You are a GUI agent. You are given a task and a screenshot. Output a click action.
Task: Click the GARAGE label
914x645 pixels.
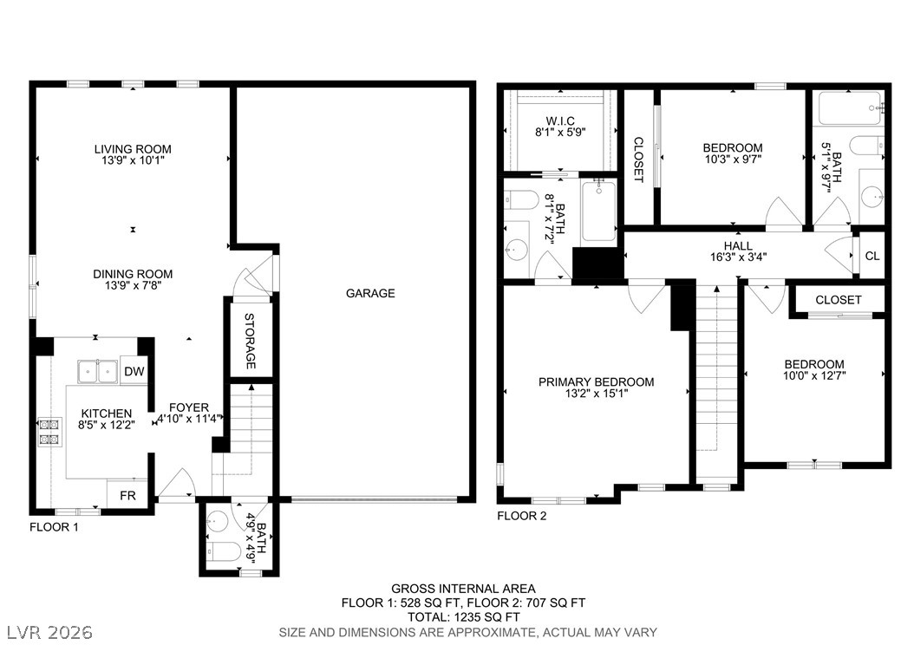point(370,293)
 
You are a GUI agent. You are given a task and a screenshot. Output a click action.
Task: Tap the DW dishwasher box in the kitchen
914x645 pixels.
point(134,371)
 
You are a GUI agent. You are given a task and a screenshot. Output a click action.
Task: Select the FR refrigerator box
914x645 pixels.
point(127,495)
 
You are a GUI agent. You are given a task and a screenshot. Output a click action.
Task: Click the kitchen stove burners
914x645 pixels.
point(49,433)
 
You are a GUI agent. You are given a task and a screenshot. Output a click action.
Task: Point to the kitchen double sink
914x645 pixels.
point(98,371)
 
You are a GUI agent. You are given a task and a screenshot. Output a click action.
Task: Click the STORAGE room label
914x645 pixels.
point(250,341)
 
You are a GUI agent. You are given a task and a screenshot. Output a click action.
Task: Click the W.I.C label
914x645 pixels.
point(560,121)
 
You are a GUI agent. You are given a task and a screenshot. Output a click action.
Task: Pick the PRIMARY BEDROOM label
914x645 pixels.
point(596,382)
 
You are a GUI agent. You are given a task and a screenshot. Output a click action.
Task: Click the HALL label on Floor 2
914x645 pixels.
point(738,246)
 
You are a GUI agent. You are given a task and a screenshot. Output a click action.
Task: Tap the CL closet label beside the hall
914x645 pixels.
point(872,256)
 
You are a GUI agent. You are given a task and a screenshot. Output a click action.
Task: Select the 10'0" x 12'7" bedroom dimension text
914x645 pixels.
point(814,376)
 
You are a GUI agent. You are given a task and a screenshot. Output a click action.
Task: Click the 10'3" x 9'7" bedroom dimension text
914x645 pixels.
point(733,159)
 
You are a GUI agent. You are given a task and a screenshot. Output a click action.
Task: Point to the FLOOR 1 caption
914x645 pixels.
point(54,527)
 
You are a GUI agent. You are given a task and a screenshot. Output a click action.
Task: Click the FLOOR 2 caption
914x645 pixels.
point(522,516)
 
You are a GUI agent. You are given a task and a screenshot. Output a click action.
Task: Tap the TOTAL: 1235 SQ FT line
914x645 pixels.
point(463,617)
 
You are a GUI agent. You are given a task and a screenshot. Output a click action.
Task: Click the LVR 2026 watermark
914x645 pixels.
point(49,632)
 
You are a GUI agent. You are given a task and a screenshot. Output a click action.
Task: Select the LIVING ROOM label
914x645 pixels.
point(133,149)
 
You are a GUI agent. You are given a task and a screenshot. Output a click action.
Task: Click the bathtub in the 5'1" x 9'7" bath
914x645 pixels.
point(851,108)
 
